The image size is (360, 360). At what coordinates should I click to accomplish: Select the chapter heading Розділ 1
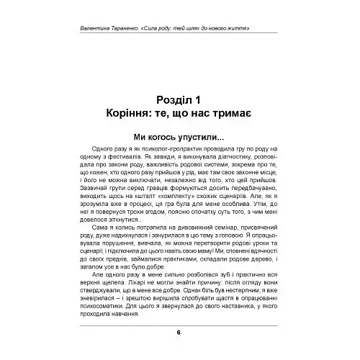coord(179,101)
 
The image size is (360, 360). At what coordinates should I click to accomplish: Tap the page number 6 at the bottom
coord(179,332)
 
